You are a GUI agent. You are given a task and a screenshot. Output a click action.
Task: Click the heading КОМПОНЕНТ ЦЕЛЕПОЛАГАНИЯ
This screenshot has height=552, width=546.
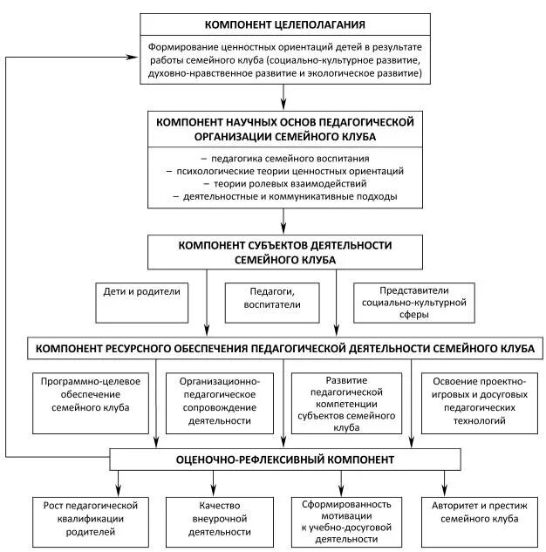284,24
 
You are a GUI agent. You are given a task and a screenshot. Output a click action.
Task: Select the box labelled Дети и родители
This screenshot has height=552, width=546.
140,293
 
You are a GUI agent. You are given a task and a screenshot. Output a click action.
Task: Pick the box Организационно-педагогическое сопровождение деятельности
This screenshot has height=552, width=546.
219,401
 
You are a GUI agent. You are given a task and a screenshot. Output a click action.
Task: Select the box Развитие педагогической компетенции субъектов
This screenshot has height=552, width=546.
347,404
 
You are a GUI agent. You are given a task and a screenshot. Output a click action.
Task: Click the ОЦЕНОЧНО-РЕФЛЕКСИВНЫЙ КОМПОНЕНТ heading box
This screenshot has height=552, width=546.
284,459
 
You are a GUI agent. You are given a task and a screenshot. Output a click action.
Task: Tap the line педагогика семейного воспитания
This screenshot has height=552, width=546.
284,159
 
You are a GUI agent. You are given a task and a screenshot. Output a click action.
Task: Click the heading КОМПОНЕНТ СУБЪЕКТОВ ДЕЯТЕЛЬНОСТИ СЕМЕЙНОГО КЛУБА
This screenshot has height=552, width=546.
284,252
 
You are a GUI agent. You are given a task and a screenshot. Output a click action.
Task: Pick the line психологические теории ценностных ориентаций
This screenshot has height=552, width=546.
284,171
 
